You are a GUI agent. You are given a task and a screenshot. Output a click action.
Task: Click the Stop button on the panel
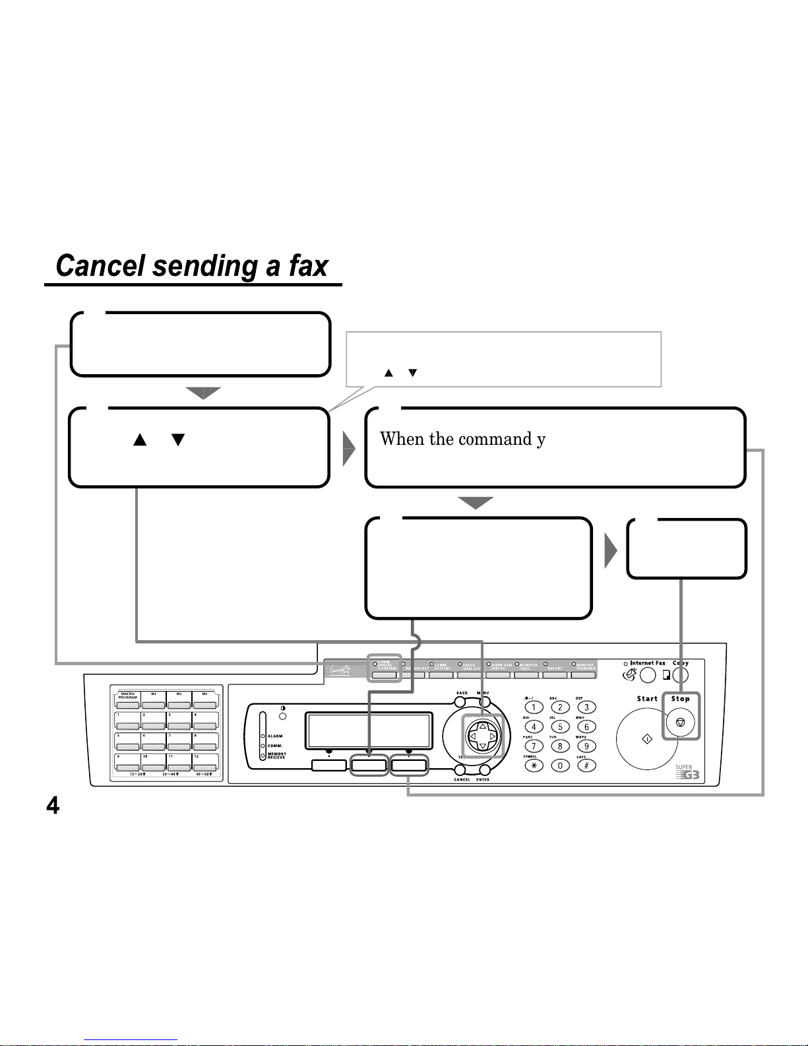coord(680,723)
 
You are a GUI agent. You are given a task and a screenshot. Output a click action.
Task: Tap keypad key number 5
coord(560,727)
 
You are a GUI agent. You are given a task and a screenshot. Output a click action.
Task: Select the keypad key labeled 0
coord(560,766)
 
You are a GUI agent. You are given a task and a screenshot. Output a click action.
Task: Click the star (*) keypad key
coord(534,766)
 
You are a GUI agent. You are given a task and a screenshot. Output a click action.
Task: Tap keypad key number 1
coord(534,707)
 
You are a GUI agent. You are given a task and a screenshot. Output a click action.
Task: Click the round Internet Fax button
coord(648,675)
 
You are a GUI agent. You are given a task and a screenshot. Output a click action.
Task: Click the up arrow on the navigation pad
coord(482,726)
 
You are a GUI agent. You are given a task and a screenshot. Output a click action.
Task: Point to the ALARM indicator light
coord(263,736)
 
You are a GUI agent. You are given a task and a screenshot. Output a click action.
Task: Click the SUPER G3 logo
coord(687,772)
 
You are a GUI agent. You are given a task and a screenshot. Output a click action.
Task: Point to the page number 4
coord(52,805)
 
